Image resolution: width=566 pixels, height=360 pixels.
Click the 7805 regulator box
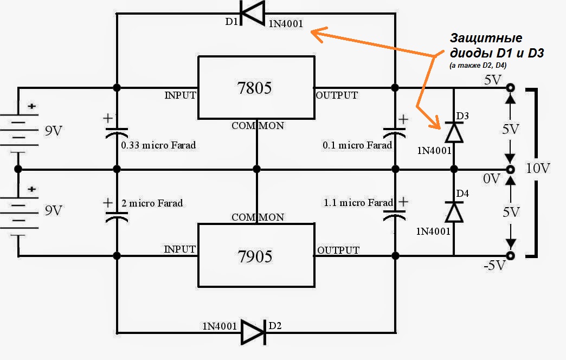255,87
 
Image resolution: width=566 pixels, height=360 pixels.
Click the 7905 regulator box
255,255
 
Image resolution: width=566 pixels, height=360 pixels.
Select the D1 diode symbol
252,13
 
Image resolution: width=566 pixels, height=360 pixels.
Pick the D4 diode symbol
454,211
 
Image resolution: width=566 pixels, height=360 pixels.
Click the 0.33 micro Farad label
158,145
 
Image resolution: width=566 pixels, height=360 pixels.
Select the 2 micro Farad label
151,203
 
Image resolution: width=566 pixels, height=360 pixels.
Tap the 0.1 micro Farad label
357,145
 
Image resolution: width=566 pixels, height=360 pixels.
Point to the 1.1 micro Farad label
358,203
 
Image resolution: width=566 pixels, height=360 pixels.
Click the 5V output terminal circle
510,88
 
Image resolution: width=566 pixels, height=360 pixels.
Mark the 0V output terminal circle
510,170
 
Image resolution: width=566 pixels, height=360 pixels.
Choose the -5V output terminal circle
510,255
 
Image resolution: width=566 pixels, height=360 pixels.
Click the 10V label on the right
538,169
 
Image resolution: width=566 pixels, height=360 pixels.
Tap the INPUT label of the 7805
180,96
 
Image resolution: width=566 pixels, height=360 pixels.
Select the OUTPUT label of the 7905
338,250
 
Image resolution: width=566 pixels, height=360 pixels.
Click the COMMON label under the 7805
258,126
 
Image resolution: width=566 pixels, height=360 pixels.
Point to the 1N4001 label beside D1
286,24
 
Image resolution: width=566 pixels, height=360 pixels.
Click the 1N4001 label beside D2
220,326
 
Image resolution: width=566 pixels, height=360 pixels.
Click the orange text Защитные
486,38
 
